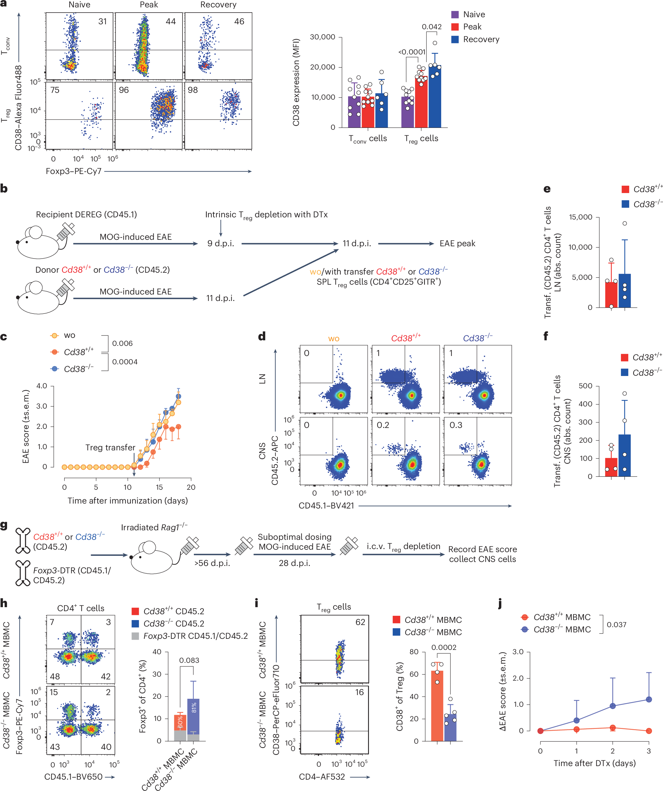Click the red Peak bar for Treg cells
(421, 102)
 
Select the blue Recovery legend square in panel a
(455, 39)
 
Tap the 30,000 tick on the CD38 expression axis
(322, 37)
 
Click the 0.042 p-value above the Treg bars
(431, 27)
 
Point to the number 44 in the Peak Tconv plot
(171, 22)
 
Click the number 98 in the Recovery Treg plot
(193, 90)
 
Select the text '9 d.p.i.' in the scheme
(221, 243)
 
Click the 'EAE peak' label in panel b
(457, 243)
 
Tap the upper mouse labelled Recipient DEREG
(40, 243)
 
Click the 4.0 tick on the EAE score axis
(42, 386)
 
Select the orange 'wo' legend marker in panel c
(55, 335)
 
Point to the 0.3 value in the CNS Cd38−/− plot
(456, 425)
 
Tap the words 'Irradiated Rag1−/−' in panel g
(154, 527)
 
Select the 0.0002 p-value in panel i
(444, 647)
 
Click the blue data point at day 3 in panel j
(649, 699)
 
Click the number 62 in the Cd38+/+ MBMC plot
(360, 622)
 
